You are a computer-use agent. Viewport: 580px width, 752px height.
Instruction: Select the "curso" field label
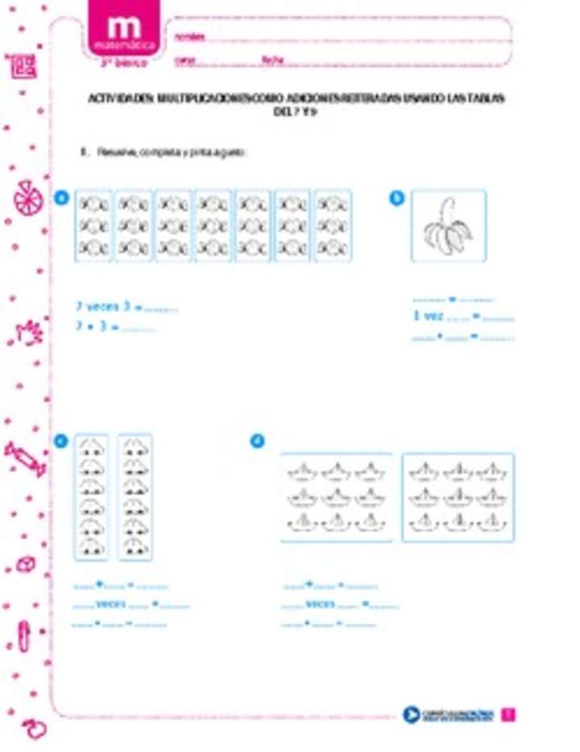pyautogui.click(x=185, y=60)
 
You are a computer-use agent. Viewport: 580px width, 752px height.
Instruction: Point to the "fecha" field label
pyautogui.click(x=271, y=60)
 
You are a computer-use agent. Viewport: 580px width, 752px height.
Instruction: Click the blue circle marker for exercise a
pyautogui.click(x=61, y=198)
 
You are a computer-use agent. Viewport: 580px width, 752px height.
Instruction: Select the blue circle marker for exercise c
pyautogui.click(x=61, y=440)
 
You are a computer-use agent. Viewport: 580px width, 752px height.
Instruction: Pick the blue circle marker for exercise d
pyautogui.click(x=258, y=440)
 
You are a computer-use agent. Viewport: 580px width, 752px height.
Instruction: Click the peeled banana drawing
pyautogui.click(x=448, y=226)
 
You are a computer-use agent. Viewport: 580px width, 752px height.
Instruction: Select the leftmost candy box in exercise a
pyautogui.click(x=93, y=226)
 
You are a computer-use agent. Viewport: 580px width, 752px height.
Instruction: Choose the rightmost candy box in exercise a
pyautogui.click(x=332, y=226)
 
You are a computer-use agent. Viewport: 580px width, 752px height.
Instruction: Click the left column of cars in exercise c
pyautogui.click(x=91, y=496)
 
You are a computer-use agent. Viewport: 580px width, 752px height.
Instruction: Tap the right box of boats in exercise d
pyautogui.click(x=458, y=496)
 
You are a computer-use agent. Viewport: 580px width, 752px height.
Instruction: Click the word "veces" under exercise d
pyautogui.click(x=321, y=604)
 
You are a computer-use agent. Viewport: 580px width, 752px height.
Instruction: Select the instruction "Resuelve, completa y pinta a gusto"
pyautogui.click(x=169, y=152)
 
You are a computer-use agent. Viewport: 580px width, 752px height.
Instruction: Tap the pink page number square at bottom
pyautogui.click(x=508, y=714)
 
